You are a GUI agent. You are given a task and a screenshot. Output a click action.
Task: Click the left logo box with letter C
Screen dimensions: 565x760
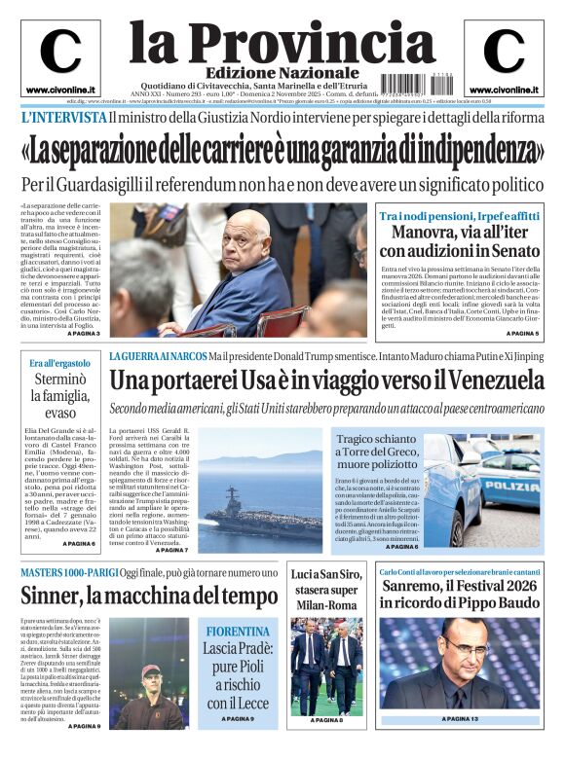click(x=60, y=56)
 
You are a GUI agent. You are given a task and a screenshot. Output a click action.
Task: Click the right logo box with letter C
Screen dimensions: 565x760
click(x=504, y=56)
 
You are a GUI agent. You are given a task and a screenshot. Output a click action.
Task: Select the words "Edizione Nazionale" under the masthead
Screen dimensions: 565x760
click(x=282, y=74)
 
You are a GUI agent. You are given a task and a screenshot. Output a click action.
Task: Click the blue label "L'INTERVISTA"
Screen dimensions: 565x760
click(x=63, y=117)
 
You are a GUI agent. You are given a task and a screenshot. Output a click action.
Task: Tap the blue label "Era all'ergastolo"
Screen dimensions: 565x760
click(x=59, y=363)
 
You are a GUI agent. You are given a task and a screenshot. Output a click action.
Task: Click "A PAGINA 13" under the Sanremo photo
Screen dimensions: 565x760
click(x=461, y=719)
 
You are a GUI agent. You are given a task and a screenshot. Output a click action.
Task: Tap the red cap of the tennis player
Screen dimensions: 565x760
click(x=151, y=670)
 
